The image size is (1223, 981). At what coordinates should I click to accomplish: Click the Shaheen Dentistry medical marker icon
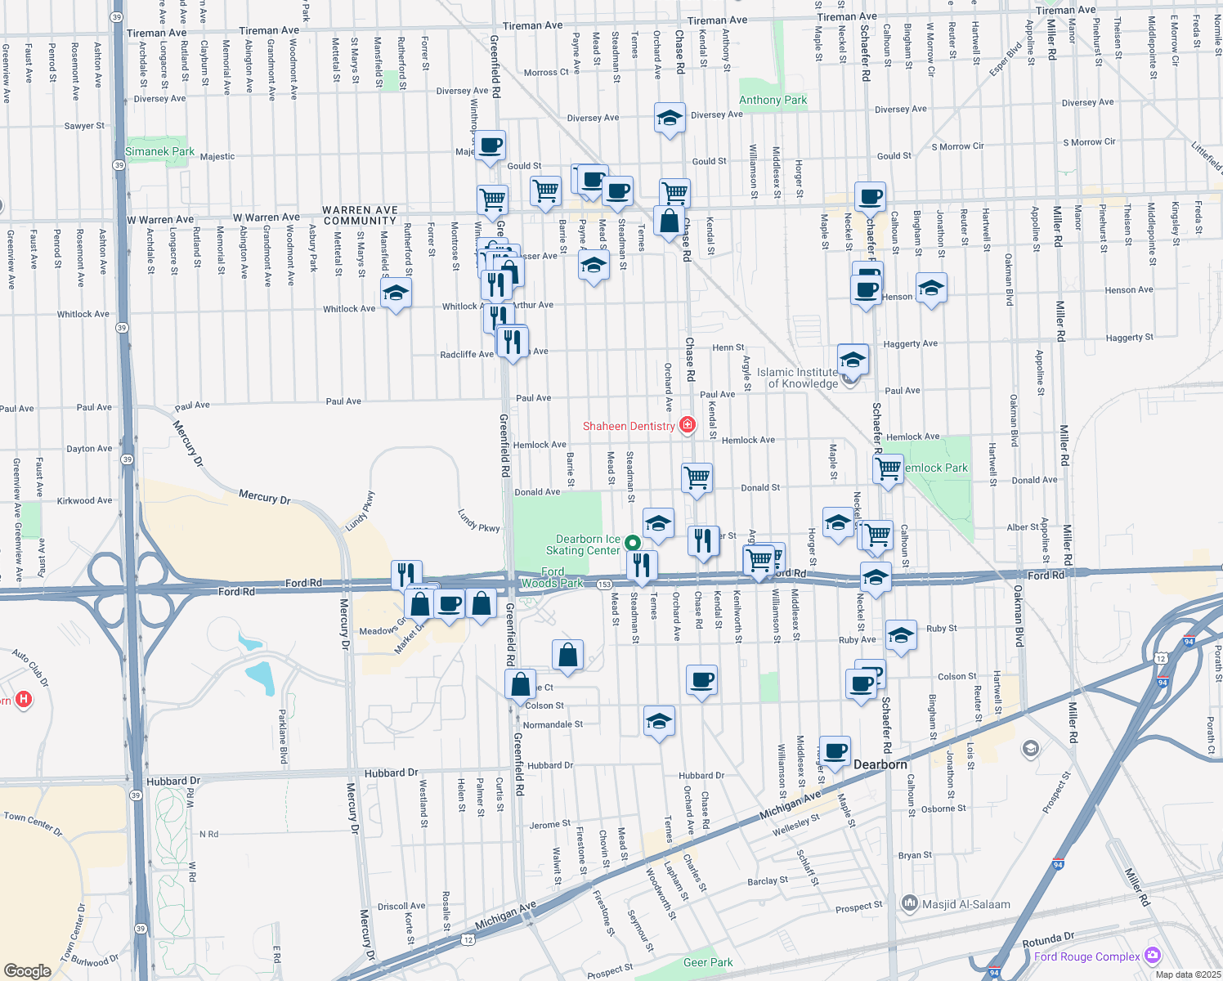[x=687, y=425]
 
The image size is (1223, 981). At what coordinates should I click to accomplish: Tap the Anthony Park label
[x=773, y=100]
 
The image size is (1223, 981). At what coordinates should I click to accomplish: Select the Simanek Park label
[x=159, y=151]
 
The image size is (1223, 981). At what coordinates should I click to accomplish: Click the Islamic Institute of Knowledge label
[x=797, y=378]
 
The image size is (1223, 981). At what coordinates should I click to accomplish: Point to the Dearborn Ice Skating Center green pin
[x=632, y=543]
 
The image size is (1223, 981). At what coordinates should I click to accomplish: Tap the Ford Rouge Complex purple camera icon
[x=1153, y=955]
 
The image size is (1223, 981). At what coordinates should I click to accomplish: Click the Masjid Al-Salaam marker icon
[x=909, y=903]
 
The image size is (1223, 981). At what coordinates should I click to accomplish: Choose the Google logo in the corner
[x=27, y=970]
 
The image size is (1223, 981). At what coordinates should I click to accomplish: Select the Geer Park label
[x=708, y=962]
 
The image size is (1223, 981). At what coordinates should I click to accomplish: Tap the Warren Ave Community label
[x=360, y=215]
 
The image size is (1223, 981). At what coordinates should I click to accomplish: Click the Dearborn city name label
[x=880, y=764]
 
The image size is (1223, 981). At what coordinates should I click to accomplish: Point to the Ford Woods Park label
[x=553, y=577]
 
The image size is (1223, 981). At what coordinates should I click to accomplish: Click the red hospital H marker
[x=24, y=700]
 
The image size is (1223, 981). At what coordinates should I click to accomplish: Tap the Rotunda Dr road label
[x=1049, y=940]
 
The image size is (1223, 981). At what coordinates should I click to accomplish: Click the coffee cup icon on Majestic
[x=490, y=146]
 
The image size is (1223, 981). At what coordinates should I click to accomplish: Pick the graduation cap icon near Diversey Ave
[x=670, y=119]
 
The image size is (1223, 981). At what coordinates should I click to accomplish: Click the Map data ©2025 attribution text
[x=1187, y=974]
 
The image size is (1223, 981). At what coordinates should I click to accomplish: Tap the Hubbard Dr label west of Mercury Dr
[x=173, y=781]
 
